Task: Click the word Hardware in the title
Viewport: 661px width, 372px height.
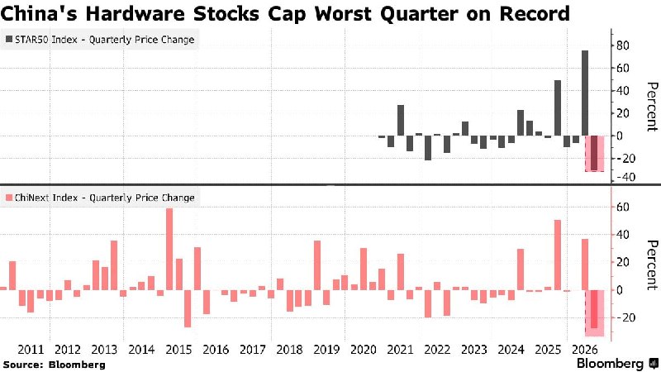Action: tap(135, 14)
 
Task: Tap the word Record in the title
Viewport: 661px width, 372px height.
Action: tap(535, 14)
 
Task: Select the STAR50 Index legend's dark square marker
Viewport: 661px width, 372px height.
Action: tap(9, 39)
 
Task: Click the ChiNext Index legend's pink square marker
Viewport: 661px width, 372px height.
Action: tap(9, 198)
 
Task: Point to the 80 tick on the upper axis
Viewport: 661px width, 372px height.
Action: tap(622, 45)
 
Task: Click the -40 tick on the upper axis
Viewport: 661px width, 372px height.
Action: tap(625, 177)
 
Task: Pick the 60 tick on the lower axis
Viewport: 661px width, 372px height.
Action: tap(622, 207)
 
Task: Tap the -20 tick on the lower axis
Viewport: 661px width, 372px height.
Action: tap(625, 317)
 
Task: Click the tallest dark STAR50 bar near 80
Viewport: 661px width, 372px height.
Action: tap(585, 93)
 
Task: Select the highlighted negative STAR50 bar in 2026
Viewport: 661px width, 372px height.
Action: tap(594, 153)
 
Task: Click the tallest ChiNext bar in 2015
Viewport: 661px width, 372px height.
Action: tap(169, 250)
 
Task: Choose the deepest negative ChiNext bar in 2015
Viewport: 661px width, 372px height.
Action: tap(188, 308)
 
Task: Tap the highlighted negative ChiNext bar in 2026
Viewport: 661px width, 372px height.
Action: tap(594, 309)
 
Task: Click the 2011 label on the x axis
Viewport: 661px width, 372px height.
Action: tap(31, 350)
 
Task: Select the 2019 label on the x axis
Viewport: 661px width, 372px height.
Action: tap(326, 350)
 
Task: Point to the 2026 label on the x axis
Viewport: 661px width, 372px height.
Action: tap(585, 350)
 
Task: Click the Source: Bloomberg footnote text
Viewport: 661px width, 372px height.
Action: tap(55, 365)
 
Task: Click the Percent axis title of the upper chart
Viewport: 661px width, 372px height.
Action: tap(652, 107)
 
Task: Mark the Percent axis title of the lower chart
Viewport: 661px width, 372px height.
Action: tap(652, 265)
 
